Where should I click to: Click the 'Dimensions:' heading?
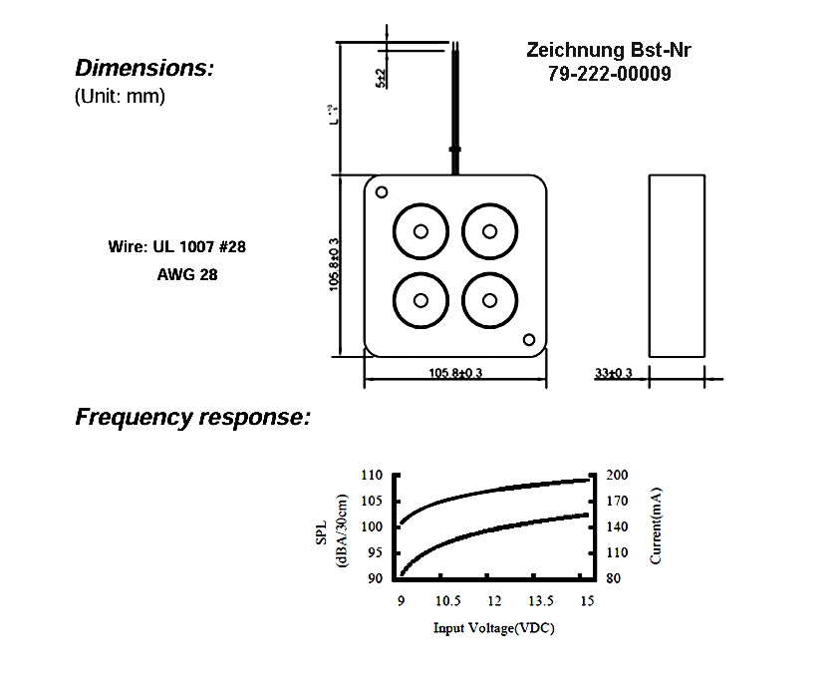point(144,69)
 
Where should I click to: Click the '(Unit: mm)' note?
point(120,98)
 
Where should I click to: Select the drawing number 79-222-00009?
point(609,74)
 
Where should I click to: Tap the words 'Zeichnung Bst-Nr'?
point(608,51)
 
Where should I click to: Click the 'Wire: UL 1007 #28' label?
point(175,246)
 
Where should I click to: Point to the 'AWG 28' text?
point(187,274)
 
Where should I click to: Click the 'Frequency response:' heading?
point(193,417)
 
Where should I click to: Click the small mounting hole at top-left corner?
point(382,191)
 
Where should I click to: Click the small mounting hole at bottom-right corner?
point(529,339)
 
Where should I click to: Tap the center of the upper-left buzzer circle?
point(420,231)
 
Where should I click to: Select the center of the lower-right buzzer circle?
point(489,300)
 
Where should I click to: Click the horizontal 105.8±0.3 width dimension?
point(455,373)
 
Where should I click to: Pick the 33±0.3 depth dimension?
point(614,373)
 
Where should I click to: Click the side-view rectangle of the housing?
point(678,265)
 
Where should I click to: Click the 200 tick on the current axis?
point(617,475)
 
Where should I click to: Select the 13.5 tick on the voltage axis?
point(540,600)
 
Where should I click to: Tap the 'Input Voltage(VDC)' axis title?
point(493,629)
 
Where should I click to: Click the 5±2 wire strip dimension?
point(381,78)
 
